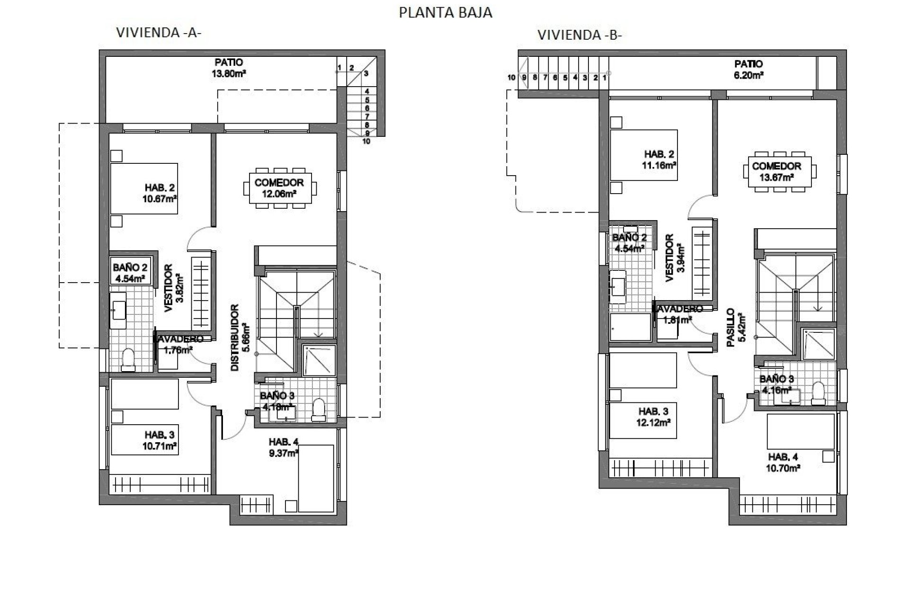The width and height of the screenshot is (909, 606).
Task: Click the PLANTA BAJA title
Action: [x=446, y=13]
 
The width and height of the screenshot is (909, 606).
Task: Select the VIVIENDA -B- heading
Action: [x=579, y=36]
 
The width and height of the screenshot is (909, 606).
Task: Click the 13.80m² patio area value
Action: [x=229, y=74]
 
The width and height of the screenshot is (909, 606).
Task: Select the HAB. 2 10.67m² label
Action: [x=160, y=193]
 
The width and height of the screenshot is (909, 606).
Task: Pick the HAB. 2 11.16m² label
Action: [x=659, y=160]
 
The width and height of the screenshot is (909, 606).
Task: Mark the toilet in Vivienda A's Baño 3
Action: [x=319, y=410]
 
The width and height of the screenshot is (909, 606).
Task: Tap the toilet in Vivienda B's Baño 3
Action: [x=818, y=393]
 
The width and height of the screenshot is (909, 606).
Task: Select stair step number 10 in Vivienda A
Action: [x=366, y=141]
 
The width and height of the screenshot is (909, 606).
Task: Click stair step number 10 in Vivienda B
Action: [x=511, y=78]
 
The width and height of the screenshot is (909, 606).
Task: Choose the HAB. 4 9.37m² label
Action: [x=284, y=447]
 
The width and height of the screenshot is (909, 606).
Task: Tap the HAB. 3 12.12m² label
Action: [x=653, y=417]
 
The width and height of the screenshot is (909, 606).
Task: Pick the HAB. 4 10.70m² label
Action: [x=784, y=463]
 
